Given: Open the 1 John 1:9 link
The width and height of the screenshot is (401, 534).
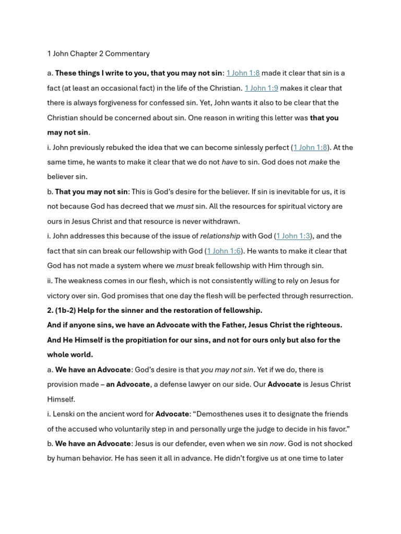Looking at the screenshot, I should (x=261, y=88).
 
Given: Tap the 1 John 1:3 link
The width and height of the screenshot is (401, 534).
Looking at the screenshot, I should (x=293, y=236).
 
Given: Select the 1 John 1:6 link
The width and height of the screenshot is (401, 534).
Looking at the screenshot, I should (x=224, y=251).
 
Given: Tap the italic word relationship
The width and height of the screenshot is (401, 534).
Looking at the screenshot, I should (x=220, y=236).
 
